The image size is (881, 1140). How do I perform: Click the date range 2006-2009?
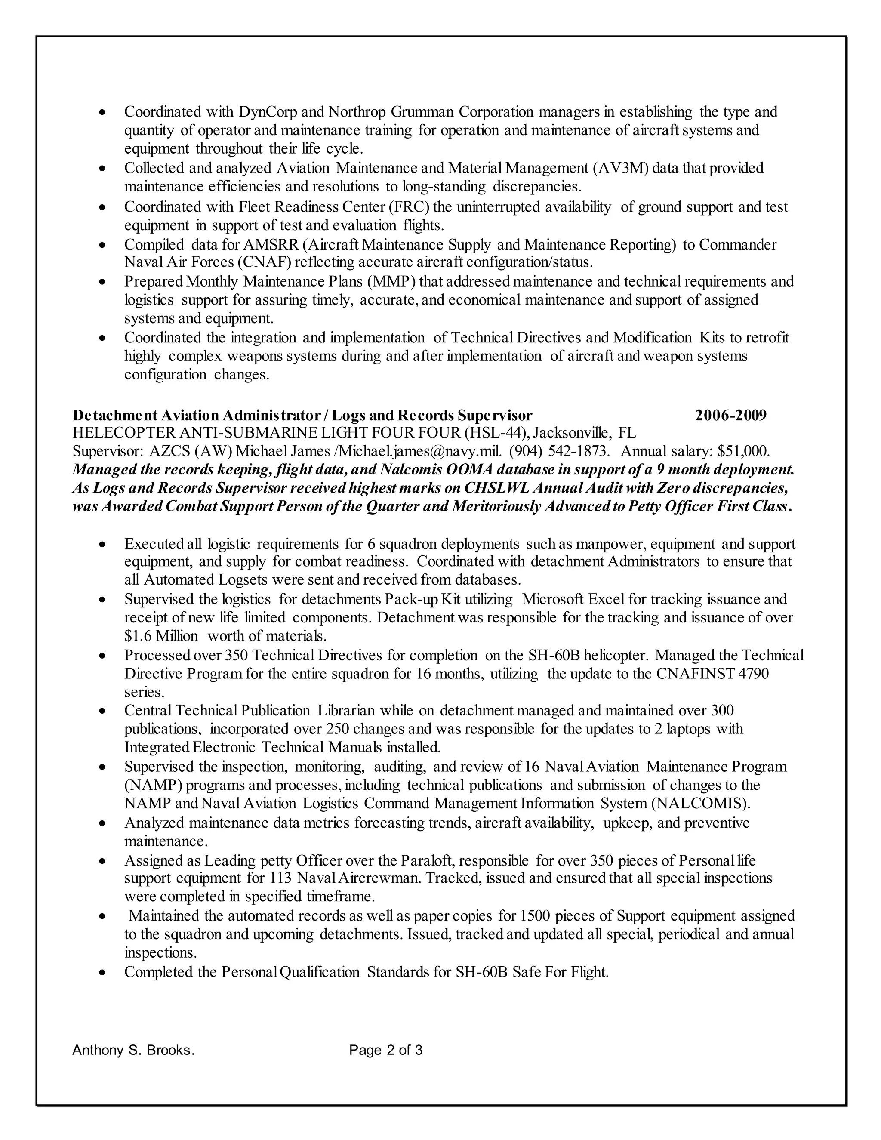coord(731,416)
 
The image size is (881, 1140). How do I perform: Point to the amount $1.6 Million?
coord(161,636)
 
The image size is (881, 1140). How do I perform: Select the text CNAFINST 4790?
coord(712,674)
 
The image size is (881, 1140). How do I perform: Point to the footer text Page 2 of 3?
coord(386,1050)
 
